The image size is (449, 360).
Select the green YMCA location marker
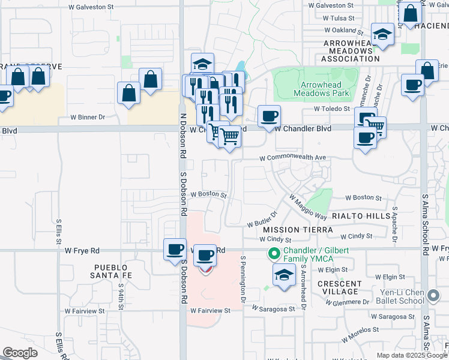tap(274, 254)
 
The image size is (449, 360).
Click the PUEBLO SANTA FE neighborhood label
tap(111, 271)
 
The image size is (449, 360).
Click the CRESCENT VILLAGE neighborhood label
tap(340, 287)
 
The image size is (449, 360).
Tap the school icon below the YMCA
tap(284, 275)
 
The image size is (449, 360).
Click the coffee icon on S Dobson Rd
tap(175, 249)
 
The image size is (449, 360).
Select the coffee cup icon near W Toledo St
tap(269, 115)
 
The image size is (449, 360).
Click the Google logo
tap(20, 353)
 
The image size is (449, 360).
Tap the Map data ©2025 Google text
tap(411, 355)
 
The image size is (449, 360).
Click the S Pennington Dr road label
tap(244, 279)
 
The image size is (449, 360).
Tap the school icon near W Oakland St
tap(382, 34)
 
